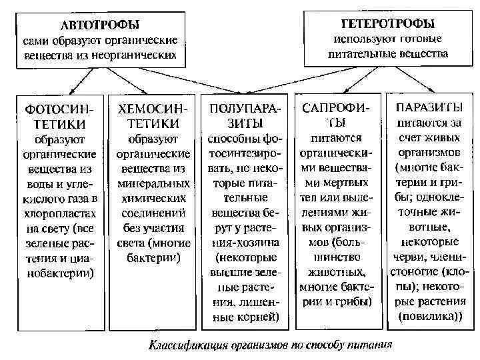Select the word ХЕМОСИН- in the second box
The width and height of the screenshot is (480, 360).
click(153, 108)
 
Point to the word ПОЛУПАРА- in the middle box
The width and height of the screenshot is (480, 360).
click(245, 107)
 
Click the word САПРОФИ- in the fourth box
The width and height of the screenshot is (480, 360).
click(337, 107)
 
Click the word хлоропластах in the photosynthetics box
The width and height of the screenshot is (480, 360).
click(61, 212)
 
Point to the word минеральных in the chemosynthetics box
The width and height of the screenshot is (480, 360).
click(153, 183)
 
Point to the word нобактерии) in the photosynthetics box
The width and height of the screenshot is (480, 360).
click(61, 272)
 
